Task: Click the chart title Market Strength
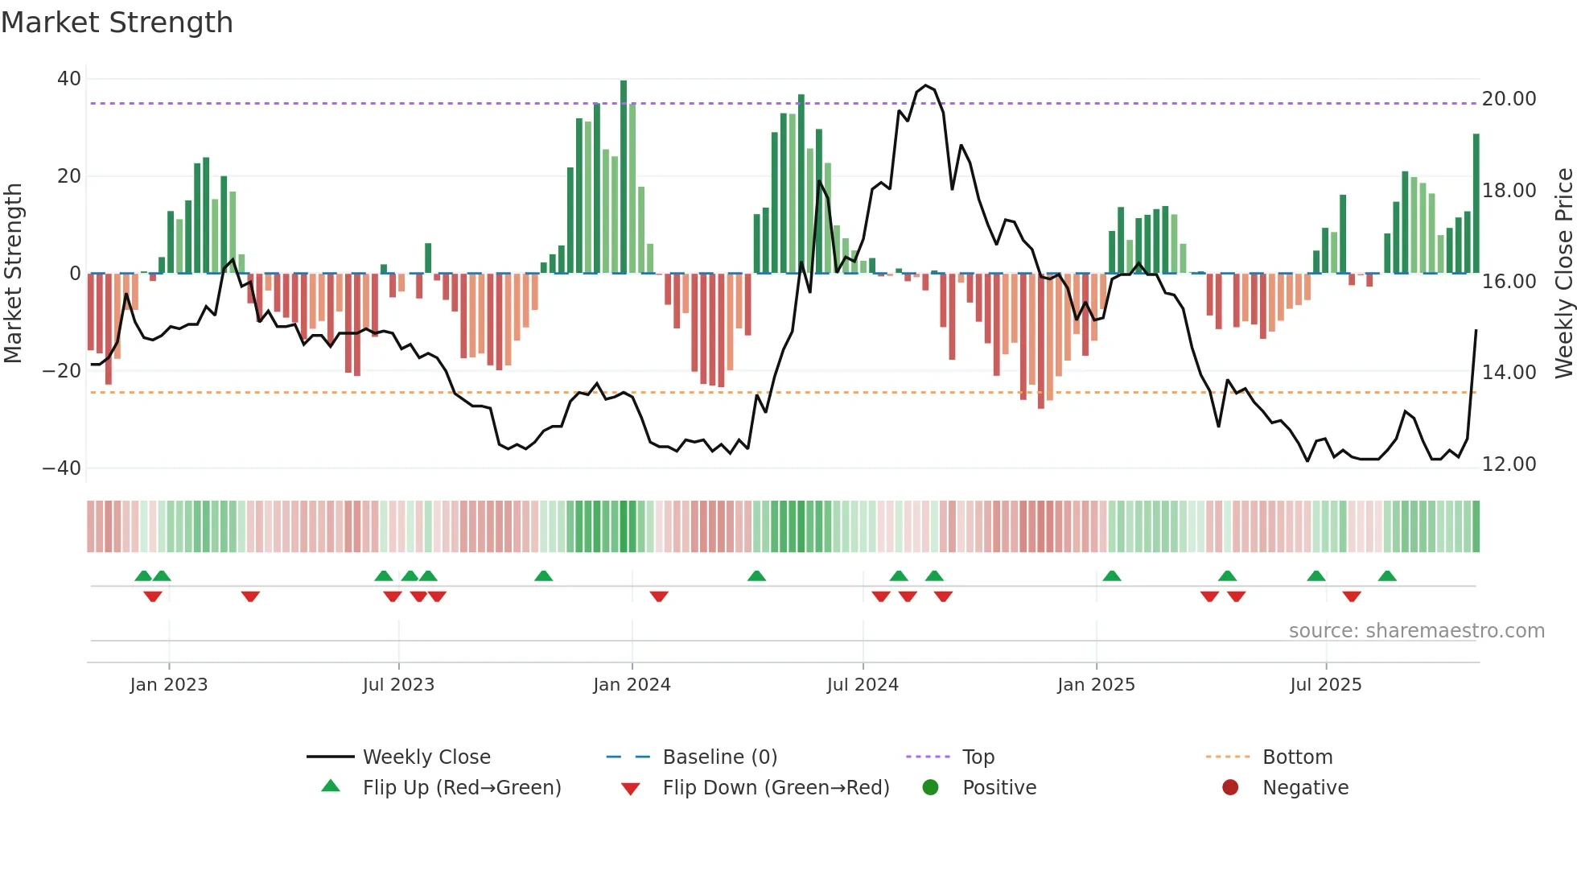[117, 23]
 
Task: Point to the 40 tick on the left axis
[69, 79]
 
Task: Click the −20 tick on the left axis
[62, 371]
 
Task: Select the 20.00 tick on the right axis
[1509, 99]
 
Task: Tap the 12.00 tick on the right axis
[1509, 464]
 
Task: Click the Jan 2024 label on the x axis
[632, 685]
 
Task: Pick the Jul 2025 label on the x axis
[1325, 685]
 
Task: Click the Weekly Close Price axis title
[1563, 273]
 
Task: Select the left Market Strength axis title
[13, 273]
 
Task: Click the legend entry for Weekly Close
[426, 757]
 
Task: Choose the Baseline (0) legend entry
[719, 757]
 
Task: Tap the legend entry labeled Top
[978, 757]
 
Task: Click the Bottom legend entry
[1297, 757]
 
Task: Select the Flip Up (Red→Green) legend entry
[461, 788]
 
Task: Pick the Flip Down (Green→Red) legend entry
[776, 788]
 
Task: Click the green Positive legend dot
[931, 788]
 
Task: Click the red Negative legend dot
[1230, 788]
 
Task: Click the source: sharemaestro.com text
[1416, 631]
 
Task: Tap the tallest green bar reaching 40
[624, 177]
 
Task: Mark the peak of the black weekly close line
[925, 85]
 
